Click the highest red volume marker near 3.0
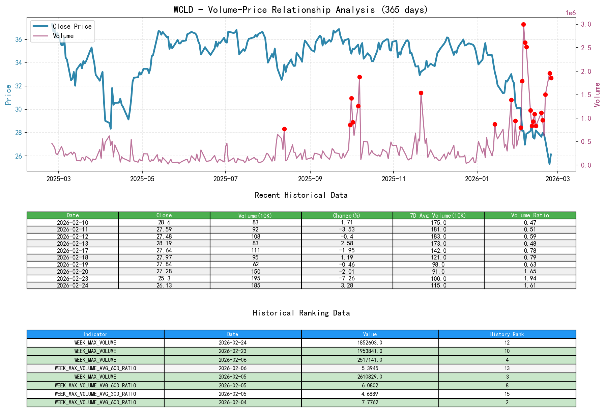click(x=523, y=25)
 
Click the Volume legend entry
click(x=63, y=36)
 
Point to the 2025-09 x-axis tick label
click(x=310, y=179)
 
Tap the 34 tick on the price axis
click(x=19, y=63)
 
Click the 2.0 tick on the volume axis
click(x=586, y=72)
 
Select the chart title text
click(x=300, y=10)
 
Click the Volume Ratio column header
click(x=530, y=216)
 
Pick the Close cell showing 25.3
click(x=164, y=279)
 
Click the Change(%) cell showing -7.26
click(x=347, y=279)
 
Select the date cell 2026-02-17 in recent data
click(x=73, y=251)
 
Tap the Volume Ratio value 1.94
click(x=530, y=279)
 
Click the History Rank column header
click(x=507, y=334)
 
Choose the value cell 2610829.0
click(x=370, y=377)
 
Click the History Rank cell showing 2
click(x=507, y=403)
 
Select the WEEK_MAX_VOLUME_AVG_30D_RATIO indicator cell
click(x=95, y=394)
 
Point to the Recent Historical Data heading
click(x=301, y=195)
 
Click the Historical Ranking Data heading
click(x=301, y=313)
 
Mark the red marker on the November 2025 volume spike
click(x=421, y=93)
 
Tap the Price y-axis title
click(x=8, y=95)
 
